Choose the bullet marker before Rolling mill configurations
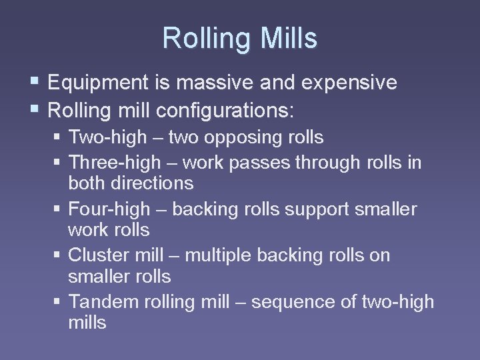(x=35, y=107)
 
